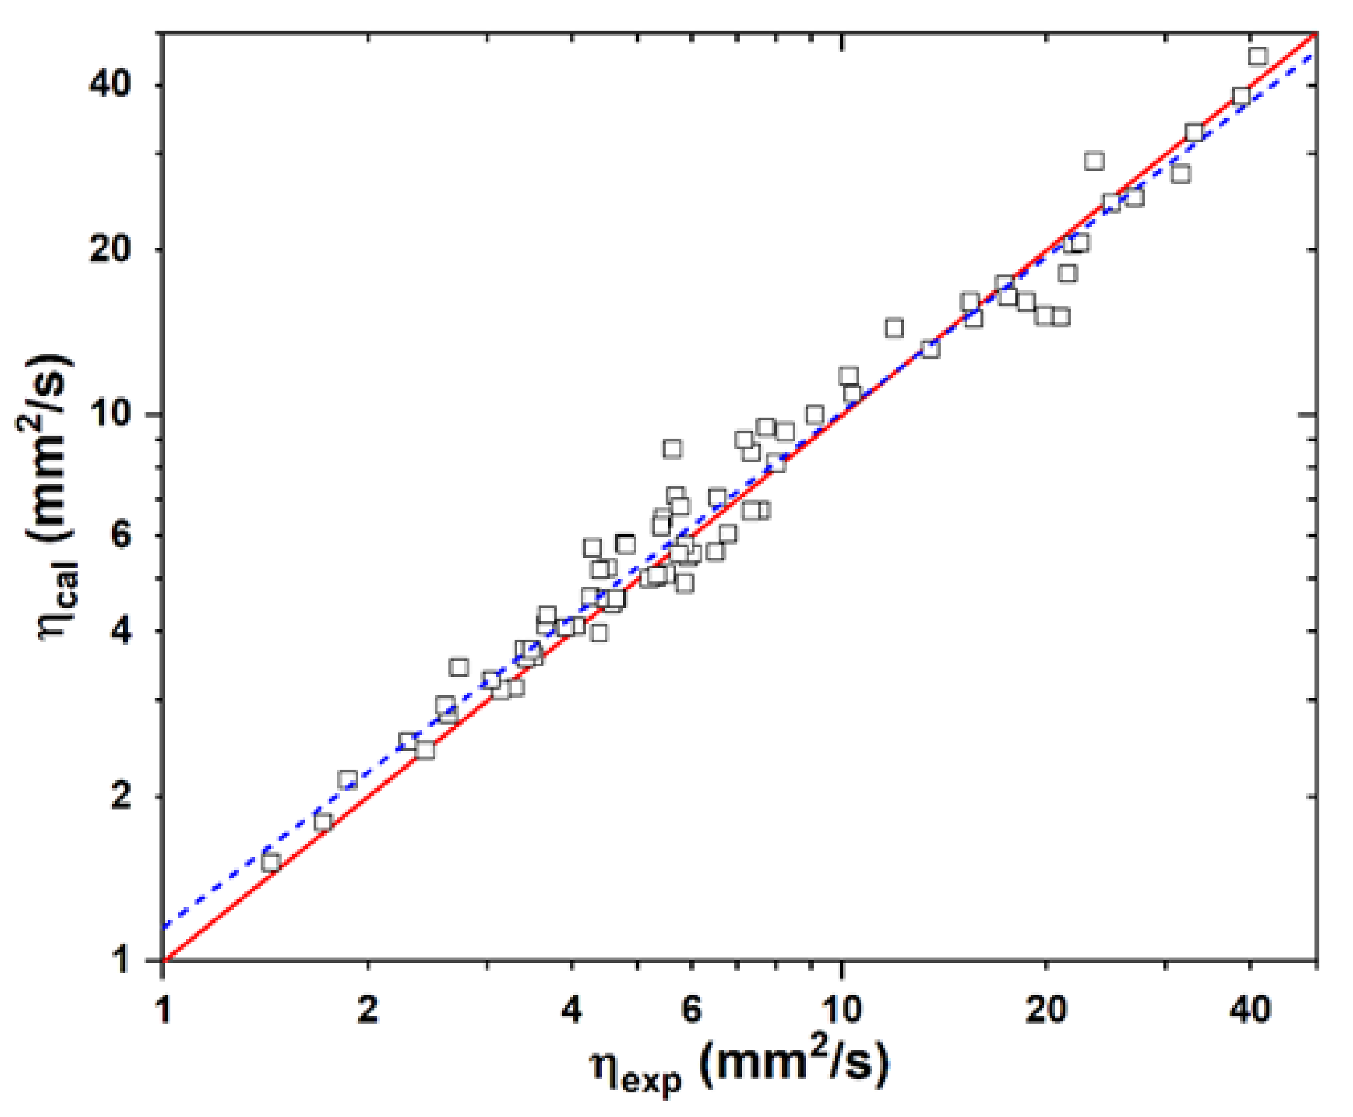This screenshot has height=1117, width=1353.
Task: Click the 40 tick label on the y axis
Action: point(109,84)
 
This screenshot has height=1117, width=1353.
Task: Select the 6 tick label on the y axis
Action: point(121,534)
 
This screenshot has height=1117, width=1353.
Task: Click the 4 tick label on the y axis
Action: point(121,630)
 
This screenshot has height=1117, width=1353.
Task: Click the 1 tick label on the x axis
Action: point(164,1009)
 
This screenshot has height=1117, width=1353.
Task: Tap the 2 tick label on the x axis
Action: point(367,1009)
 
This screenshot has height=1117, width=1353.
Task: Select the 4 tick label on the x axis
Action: point(571,1009)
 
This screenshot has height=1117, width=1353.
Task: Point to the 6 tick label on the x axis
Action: point(691,1009)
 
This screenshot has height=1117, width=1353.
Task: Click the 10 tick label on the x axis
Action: point(841,1009)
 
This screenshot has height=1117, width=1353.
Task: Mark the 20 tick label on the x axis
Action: point(1046,1009)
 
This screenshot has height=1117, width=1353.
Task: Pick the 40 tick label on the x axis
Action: point(1249,1009)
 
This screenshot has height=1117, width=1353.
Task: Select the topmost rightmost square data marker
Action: point(1258,57)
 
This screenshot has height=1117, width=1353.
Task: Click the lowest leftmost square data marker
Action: point(271,862)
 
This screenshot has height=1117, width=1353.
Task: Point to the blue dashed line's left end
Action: point(166,927)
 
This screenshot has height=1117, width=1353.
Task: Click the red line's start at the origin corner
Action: point(165,960)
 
